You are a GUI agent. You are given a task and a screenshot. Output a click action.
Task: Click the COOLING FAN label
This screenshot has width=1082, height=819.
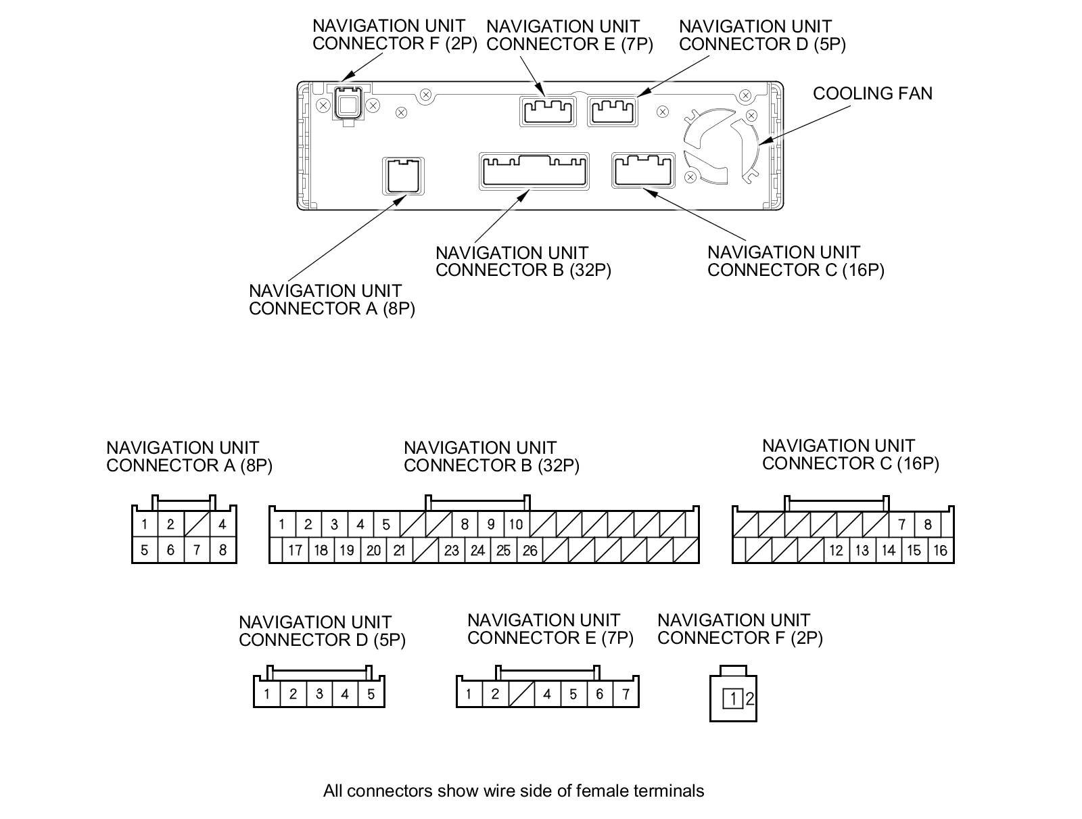click(872, 93)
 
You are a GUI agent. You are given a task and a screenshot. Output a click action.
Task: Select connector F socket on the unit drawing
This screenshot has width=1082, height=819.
click(348, 105)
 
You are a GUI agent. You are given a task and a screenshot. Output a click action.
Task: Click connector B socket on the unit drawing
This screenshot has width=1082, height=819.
click(534, 170)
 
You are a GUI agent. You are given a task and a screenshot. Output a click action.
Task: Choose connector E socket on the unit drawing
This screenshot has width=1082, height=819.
click(548, 110)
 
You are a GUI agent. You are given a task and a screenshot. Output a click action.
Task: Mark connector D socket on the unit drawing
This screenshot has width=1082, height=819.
click(612, 110)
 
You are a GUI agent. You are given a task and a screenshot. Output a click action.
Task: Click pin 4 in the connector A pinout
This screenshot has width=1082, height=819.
click(222, 524)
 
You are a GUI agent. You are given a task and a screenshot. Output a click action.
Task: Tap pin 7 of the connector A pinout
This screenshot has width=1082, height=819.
click(196, 550)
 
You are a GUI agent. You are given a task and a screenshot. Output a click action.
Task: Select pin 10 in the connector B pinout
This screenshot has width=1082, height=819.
click(515, 524)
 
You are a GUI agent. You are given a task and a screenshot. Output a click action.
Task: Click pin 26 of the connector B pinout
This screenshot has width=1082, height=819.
click(530, 551)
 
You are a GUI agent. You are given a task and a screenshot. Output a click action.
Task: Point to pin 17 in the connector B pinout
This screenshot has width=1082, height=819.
click(295, 551)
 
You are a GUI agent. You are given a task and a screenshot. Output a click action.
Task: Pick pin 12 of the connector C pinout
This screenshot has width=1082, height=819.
click(836, 551)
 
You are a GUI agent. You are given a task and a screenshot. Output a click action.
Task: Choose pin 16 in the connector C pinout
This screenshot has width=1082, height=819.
click(940, 551)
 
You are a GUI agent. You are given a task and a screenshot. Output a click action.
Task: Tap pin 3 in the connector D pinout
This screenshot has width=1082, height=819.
click(319, 694)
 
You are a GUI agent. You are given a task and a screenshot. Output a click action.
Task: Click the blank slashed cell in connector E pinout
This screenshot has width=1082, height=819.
click(521, 694)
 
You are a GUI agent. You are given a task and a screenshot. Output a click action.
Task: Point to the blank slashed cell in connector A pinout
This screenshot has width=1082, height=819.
click(197, 524)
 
